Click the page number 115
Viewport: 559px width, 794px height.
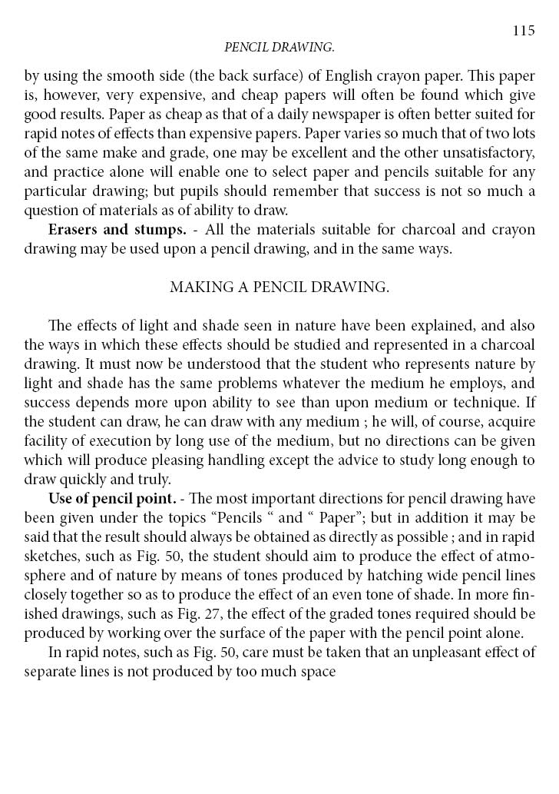click(523, 31)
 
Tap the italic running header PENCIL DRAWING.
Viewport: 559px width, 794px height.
click(279, 48)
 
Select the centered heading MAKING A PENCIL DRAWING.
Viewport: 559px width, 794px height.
click(279, 287)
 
